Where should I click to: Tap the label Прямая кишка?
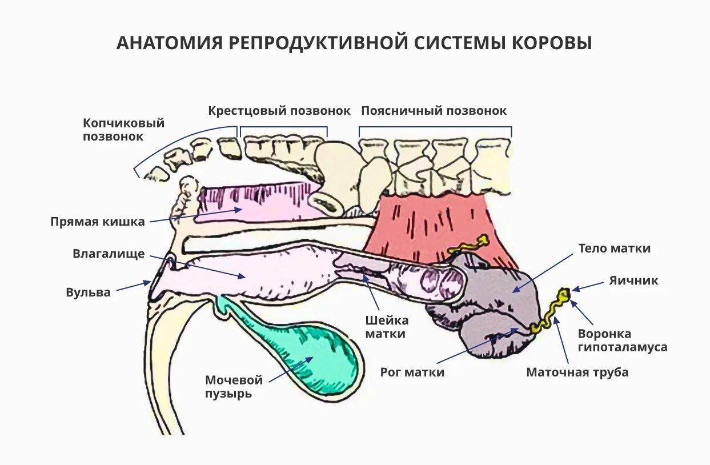point(98,222)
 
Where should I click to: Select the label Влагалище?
point(109,254)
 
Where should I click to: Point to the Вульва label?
point(88,292)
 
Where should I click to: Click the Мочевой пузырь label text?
point(234,387)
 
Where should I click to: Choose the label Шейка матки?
point(387,327)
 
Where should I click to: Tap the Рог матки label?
point(412,372)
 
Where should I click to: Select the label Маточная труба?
point(577,372)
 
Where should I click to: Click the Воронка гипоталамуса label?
point(622,340)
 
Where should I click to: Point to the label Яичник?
point(633,280)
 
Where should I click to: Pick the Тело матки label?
point(614,248)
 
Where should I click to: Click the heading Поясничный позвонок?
point(434,111)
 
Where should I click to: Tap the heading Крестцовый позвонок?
point(279,111)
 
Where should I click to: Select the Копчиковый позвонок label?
point(123,130)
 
